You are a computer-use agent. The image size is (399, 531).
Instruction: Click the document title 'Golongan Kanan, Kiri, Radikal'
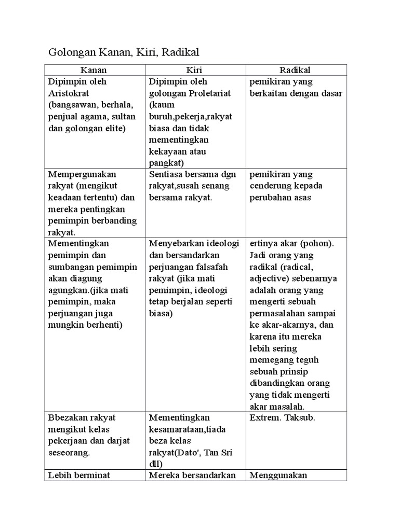pyautogui.click(x=124, y=52)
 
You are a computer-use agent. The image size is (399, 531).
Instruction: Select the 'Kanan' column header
pyautogui.click(x=94, y=70)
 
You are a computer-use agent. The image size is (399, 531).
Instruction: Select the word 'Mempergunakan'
pyautogui.click(x=82, y=174)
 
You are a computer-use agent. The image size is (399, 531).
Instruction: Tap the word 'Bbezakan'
pyautogui.click(x=65, y=417)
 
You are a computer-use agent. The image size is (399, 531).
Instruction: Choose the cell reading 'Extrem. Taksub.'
pyautogui.click(x=281, y=417)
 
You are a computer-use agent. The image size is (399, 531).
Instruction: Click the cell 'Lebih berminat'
pyautogui.click(x=79, y=475)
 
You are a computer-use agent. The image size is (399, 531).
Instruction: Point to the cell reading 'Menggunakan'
pyautogui.click(x=278, y=475)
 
